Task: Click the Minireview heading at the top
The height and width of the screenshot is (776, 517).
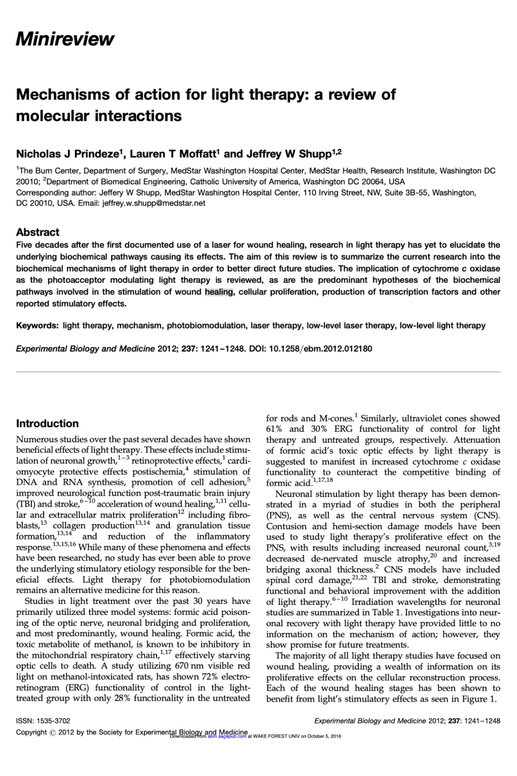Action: click(x=65, y=39)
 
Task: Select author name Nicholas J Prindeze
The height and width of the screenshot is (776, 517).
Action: click(x=67, y=154)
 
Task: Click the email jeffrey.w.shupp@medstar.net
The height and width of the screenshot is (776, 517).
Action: click(x=154, y=203)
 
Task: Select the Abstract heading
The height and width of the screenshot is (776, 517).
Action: click(x=37, y=232)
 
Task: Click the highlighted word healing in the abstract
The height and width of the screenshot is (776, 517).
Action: click(x=219, y=292)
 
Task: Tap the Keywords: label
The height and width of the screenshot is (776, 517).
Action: click(x=37, y=325)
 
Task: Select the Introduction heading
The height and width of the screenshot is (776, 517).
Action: click(x=47, y=423)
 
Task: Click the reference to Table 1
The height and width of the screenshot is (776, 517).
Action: click(x=378, y=613)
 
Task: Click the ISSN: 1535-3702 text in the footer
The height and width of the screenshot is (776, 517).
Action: click(x=43, y=721)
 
